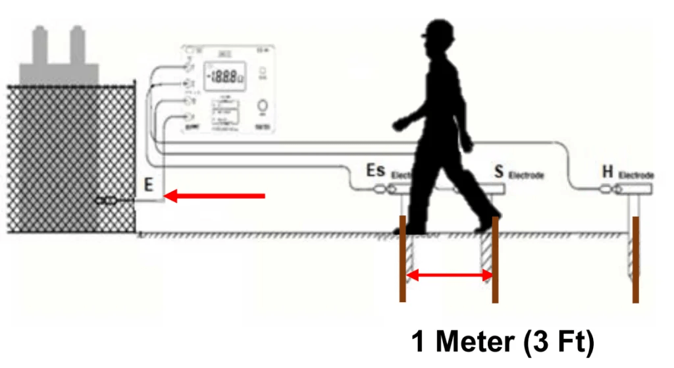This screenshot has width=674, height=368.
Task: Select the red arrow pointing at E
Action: click(214, 196)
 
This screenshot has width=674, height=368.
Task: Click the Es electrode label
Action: click(376, 172)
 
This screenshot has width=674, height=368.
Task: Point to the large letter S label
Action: click(499, 172)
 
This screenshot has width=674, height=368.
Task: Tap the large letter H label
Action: click(608, 172)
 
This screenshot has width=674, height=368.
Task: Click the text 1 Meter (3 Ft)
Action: click(503, 342)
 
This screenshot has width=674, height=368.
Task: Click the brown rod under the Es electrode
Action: click(403, 259)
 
